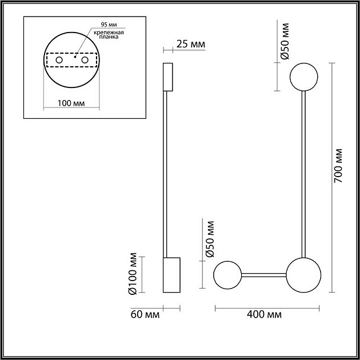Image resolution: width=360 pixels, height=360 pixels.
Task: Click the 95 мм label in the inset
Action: tap(109, 25)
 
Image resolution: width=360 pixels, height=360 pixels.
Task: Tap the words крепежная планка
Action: tap(109, 34)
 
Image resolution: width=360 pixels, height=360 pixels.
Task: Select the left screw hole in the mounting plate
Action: tap(59, 60)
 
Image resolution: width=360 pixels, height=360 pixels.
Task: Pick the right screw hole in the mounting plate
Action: tap(85, 60)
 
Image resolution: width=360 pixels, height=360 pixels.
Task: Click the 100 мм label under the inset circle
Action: tap(71, 103)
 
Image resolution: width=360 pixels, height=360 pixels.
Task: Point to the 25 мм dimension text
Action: tap(190, 45)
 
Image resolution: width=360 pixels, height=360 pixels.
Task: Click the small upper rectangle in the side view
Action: tap(168, 77)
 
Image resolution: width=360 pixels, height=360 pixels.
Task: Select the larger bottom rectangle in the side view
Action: tap(171, 275)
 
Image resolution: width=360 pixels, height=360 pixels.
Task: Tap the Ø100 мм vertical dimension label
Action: tap(133, 274)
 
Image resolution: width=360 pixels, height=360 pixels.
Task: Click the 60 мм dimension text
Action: tap(145, 314)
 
